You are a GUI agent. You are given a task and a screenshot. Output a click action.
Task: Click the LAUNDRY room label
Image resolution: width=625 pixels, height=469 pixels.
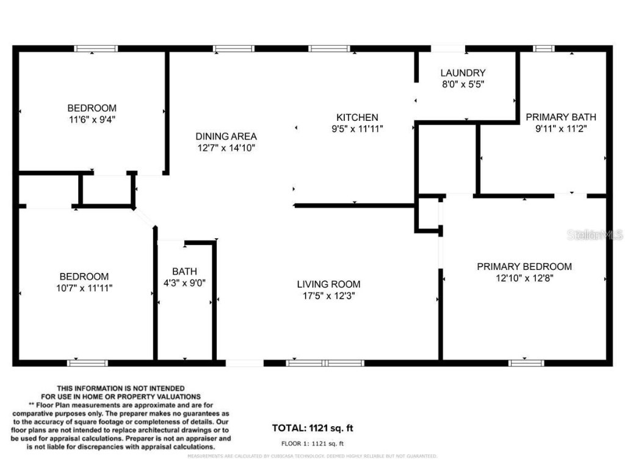pyautogui.click(x=463, y=73)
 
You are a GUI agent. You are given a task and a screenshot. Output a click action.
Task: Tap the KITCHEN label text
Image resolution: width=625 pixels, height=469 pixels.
pyautogui.click(x=357, y=117)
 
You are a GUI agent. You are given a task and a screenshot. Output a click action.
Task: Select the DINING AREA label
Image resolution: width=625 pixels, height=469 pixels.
pyautogui.click(x=226, y=136)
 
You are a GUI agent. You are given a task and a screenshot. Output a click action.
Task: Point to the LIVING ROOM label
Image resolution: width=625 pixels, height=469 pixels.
pyautogui.click(x=328, y=284)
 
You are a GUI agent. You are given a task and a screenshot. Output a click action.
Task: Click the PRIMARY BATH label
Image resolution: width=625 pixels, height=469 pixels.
pyautogui.click(x=561, y=117)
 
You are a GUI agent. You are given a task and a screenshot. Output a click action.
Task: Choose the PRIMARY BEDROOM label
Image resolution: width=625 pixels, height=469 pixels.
pyautogui.click(x=524, y=266)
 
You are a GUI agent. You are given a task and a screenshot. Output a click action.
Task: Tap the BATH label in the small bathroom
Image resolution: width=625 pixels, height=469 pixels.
pyautogui.click(x=184, y=271)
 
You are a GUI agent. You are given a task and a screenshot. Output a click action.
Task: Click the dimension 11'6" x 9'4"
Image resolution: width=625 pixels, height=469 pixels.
pyautogui.click(x=92, y=120)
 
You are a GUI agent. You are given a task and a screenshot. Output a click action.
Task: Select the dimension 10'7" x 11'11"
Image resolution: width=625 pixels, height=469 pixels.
pyautogui.click(x=84, y=288)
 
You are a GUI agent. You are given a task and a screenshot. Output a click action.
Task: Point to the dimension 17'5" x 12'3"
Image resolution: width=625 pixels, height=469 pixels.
pyautogui.click(x=328, y=296)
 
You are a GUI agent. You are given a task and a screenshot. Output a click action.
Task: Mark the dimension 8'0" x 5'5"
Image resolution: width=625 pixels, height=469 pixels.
pyautogui.click(x=463, y=84)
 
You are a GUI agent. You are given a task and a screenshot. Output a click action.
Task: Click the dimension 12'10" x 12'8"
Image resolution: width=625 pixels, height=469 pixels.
pyautogui.click(x=524, y=278)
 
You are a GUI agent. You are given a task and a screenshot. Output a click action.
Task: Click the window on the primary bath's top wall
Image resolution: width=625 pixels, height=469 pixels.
pyautogui.click(x=544, y=49)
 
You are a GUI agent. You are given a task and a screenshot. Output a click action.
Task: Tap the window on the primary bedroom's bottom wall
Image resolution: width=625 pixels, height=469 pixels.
pyautogui.click(x=526, y=363)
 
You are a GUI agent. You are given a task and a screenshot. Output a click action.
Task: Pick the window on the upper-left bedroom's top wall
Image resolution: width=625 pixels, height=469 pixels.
pyautogui.click(x=96, y=49)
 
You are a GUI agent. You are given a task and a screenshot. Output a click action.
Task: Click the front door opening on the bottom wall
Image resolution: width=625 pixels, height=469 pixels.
pyautogui.click(x=245, y=363)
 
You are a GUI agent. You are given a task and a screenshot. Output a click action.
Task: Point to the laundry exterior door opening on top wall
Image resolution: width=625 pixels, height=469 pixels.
pyautogui.click(x=448, y=49)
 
